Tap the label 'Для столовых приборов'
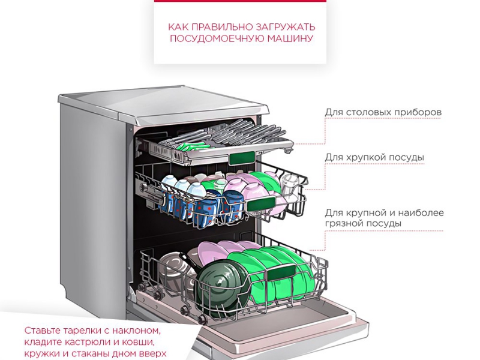(x=383, y=112)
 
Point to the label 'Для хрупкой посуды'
(x=374, y=158)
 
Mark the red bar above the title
(x=240, y=1)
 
